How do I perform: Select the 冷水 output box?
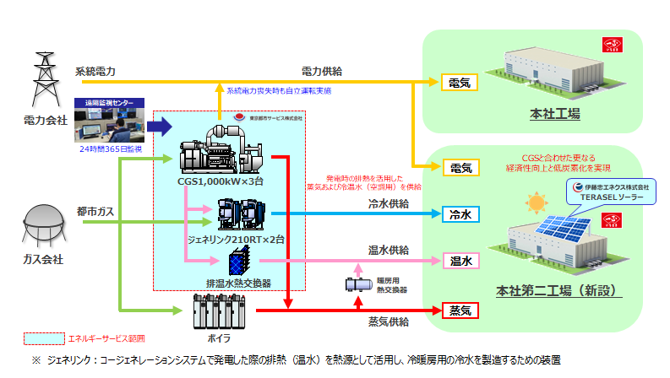click(x=460, y=214)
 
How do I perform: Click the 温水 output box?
click(x=460, y=262)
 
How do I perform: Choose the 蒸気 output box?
click(x=460, y=310)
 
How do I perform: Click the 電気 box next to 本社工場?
click(x=460, y=83)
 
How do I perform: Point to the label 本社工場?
click(x=554, y=114)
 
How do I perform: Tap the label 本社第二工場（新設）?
click(x=559, y=292)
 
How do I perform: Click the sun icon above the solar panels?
click(x=535, y=203)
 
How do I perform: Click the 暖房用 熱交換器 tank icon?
click(x=355, y=284)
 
